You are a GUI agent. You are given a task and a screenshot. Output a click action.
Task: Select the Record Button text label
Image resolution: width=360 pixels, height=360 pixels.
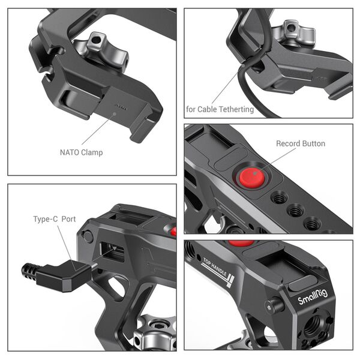300,143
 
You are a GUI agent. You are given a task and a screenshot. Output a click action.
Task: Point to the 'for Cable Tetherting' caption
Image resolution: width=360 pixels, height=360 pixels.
220,109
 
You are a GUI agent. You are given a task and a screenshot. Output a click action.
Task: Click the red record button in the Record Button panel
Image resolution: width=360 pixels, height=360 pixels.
252,178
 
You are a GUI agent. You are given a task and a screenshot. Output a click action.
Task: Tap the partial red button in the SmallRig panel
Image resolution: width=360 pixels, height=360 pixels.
241,244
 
